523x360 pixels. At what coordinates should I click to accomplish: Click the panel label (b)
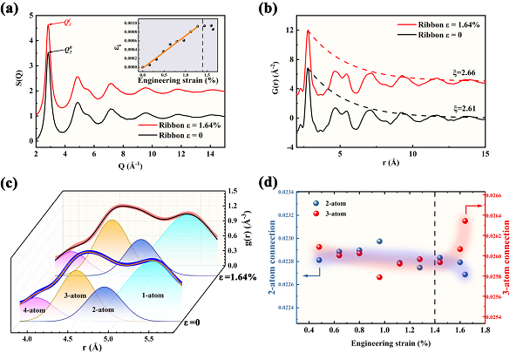click(277, 10)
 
